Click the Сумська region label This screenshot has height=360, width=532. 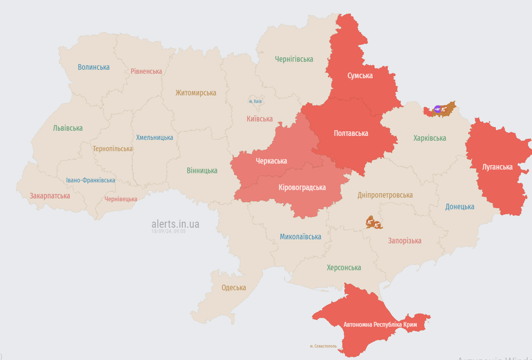[360, 75]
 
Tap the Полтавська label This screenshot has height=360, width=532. [351, 134]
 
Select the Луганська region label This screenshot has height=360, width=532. [497, 167]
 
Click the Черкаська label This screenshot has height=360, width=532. [271, 161]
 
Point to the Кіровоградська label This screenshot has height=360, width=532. [302, 187]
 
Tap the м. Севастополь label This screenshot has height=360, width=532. [323, 346]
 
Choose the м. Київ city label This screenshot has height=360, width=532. [255, 101]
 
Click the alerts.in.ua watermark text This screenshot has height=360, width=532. [175, 224]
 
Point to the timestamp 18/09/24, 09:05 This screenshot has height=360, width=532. [168, 232]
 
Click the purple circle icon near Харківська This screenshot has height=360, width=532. [438, 109]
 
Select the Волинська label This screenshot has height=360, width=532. [94, 67]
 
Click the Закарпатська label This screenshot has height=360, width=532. [50, 196]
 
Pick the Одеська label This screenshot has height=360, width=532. [234, 288]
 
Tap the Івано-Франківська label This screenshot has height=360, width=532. [91, 180]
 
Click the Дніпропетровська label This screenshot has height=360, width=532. [385, 195]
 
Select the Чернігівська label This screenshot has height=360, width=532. [294, 59]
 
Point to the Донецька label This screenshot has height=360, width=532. [459, 207]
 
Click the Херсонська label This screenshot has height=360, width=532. [344, 268]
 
